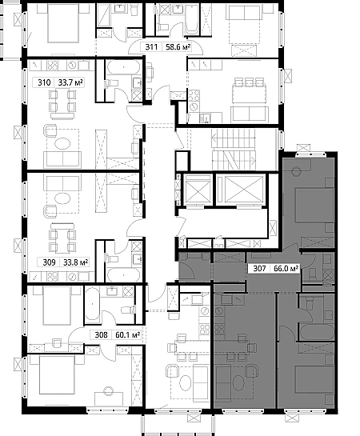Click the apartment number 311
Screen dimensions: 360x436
click(x=151, y=47)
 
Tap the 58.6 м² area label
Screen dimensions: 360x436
click(x=178, y=47)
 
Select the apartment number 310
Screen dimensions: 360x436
click(x=44, y=82)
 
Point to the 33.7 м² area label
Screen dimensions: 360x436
click(x=70, y=82)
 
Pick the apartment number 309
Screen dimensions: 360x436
click(x=50, y=262)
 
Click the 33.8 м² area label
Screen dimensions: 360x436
click(x=76, y=262)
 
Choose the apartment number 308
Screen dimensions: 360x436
click(x=101, y=334)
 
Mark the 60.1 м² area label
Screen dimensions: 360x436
click(x=127, y=334)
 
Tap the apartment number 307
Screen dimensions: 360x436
click(x=259, y=269)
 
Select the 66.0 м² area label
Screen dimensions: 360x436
click(x=286, y=269)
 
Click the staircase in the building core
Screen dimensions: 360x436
click(x=234, y=150)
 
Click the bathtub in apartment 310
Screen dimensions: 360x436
click(x=124, y=67)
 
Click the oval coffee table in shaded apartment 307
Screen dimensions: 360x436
click(x=238, y=383)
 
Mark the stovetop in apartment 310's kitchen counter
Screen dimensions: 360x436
click(x=52, y=66)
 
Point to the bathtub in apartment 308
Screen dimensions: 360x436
click(x=92, y=304)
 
